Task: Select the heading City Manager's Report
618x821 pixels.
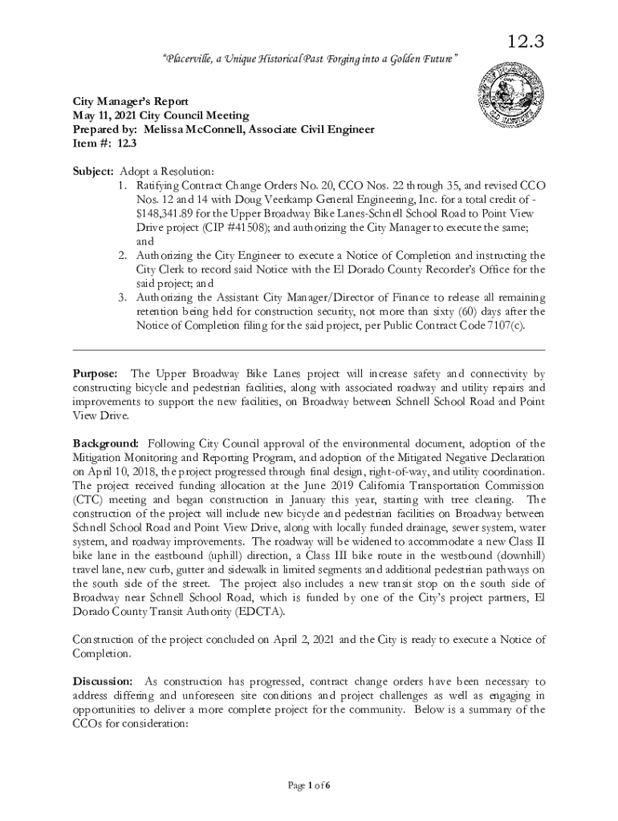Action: coord(131,102)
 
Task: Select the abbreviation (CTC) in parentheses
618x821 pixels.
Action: coord(87,499)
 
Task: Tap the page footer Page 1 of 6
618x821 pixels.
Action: coord(310,785)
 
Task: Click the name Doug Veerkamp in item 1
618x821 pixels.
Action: coord(242,200)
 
